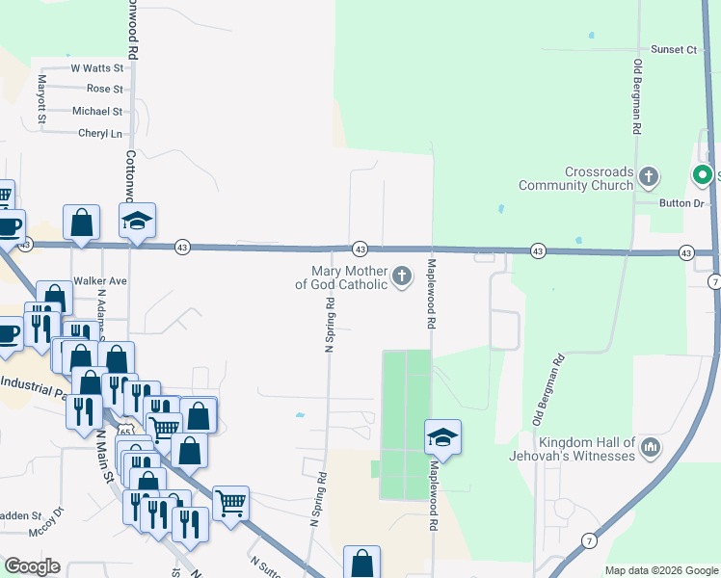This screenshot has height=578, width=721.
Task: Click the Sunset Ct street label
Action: [673, 49]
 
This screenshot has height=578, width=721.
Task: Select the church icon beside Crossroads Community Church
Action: [650, 176]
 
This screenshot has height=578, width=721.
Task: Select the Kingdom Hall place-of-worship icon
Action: [650, 447]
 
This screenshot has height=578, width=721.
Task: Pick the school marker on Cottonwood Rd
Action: [137, 222]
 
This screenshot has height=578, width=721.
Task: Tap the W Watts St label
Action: [97, 68]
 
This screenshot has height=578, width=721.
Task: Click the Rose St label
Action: [104, 89]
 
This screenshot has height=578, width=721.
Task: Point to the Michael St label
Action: [97, 112]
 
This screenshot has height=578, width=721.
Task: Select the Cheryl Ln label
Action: [100, 134]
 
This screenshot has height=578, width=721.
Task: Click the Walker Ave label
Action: [100, 281]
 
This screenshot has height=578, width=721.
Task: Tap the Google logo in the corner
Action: [31, 566]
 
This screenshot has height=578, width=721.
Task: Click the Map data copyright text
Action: [660, 570]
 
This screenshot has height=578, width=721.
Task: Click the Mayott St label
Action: [41, 100]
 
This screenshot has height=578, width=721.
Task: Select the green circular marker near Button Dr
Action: [701, 175]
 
